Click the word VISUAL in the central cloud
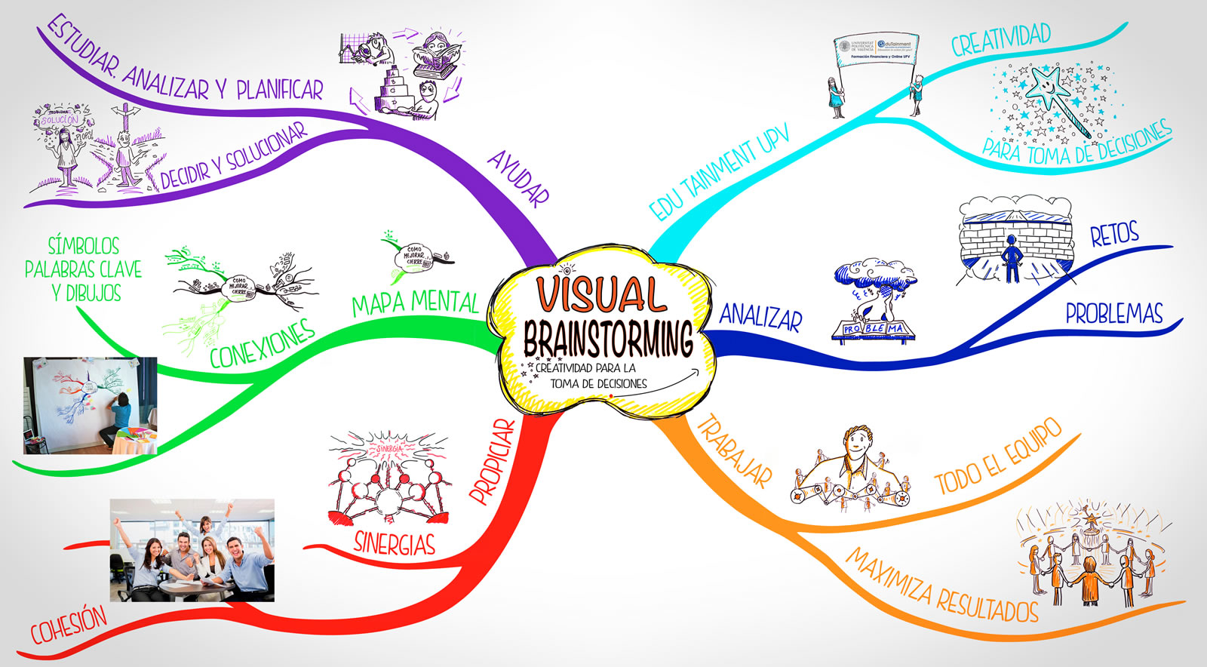click(x=601, y=294)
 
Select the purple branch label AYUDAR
click(x=518, y=178)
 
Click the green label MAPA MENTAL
click(x=415, y=303)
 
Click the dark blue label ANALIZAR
click(x=760, y=317)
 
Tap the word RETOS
click(x=1114, y=235)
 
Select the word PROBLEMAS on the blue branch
click(x=1114, y=313)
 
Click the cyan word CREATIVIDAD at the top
click(x=1000, y=39)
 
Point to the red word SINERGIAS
click(x=395, y=543)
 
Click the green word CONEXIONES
click(x=262, y=344)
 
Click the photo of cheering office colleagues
click(x=192, y=550)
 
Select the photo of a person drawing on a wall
click(x=91, y=405)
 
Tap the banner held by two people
click(x=876, y=49)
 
